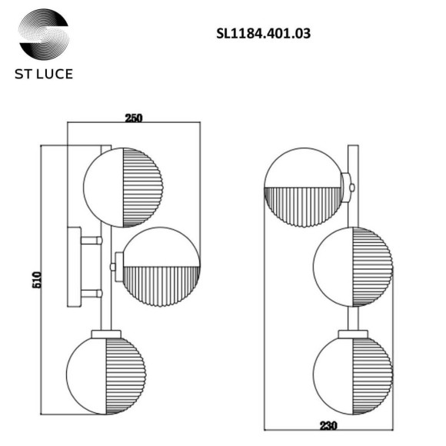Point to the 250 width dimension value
pyautogui.click(x=134, y=118)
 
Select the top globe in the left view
pyautogui.click(x=124, y=187)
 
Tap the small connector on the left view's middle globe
pyautogui.click(x=116, y=266)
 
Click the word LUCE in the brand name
pyautogui.click(x=55, y=77)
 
